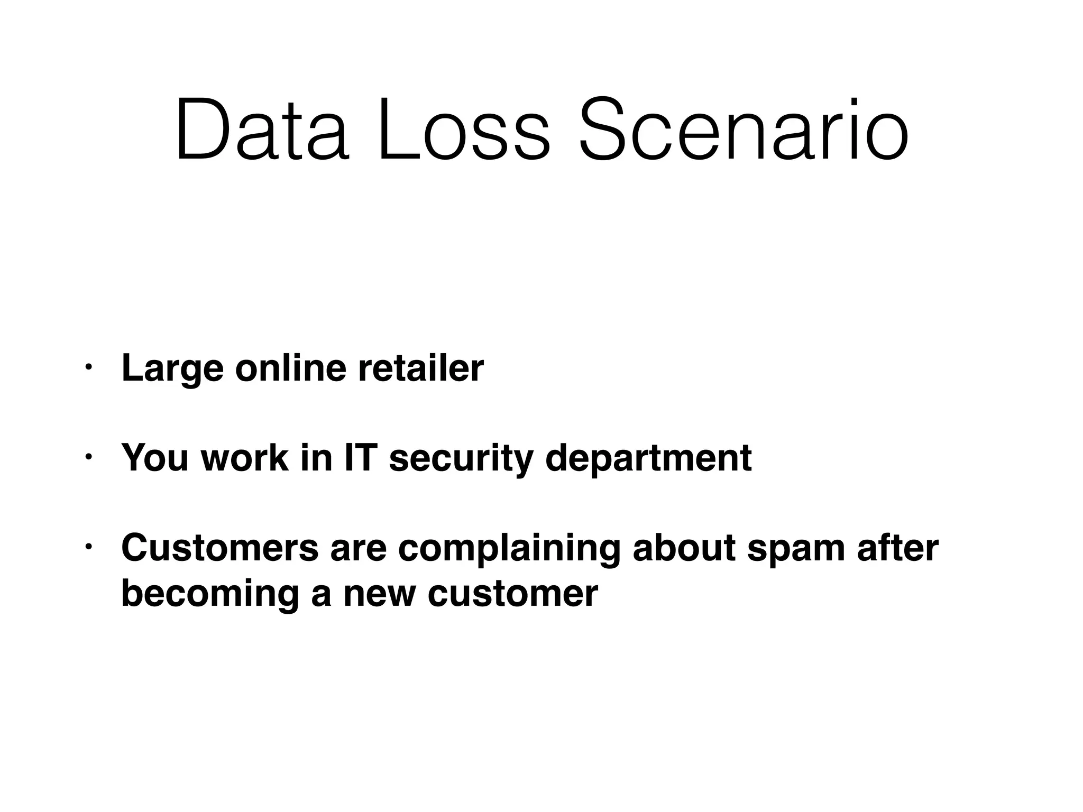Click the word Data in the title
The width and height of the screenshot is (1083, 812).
click(x=262, y=130)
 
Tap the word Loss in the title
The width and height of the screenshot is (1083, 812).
click(x=464, y=130)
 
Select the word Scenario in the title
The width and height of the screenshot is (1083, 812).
click(x=744, y=130)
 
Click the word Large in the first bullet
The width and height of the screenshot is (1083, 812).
click(x=172, y=368)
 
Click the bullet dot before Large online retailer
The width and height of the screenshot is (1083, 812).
click(x=88, y=366)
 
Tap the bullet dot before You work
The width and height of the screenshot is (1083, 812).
click(x=88, y=456)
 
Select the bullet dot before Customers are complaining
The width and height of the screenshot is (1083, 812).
click(x=88, y=546)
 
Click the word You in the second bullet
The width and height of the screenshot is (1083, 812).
click(x=155, y=457)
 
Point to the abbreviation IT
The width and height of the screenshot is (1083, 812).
click(x=361, y=457)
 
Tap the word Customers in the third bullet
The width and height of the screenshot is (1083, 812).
click(x=219, y=548)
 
